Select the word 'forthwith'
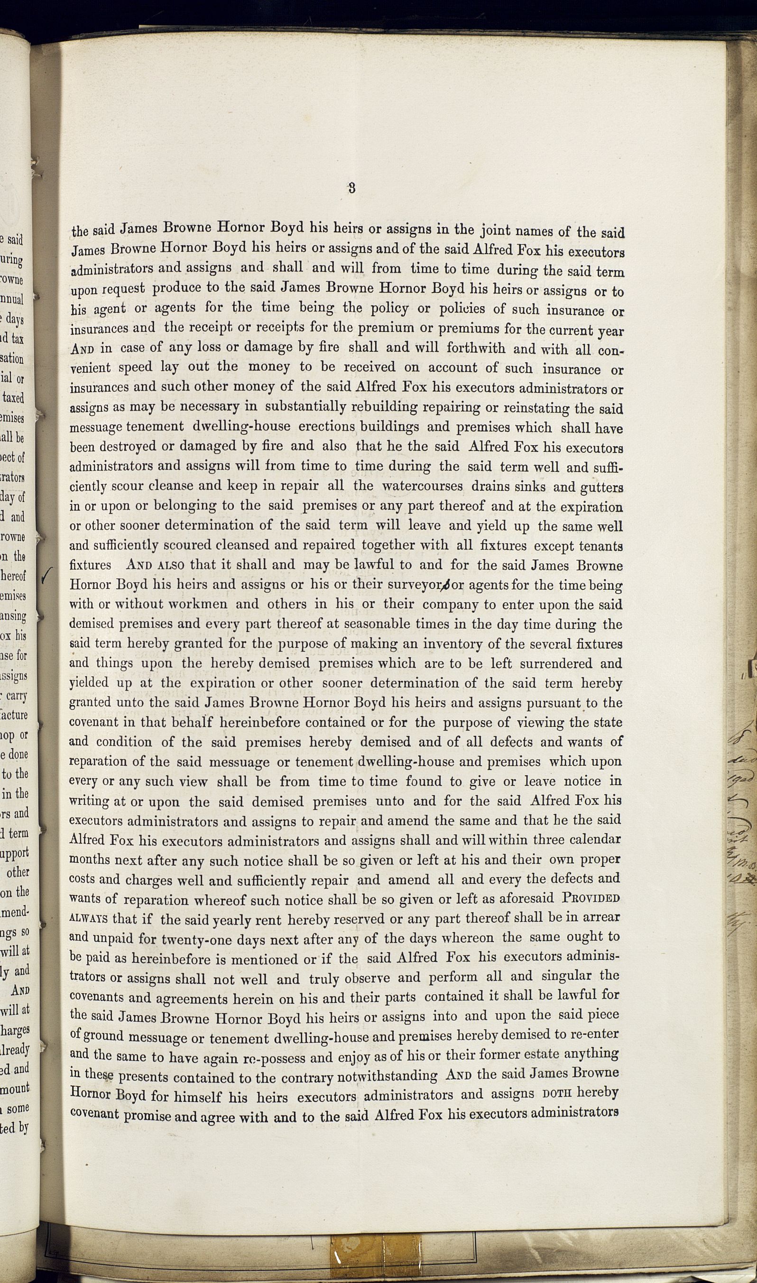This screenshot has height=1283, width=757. (475, 348)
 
